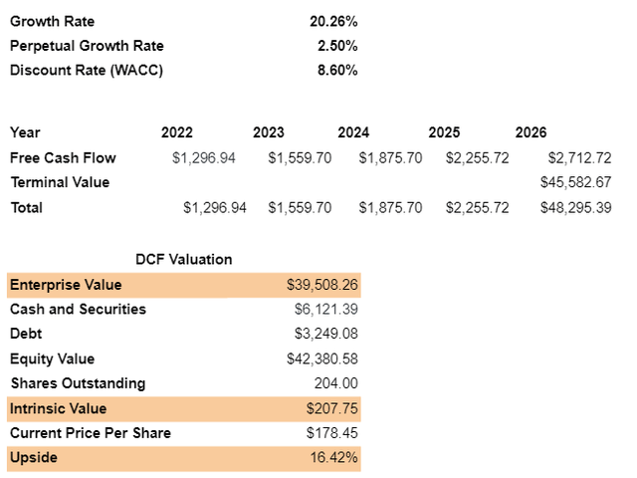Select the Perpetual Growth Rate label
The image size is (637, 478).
point(87,45)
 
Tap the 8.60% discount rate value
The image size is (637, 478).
point(336,70)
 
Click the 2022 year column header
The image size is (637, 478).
point(177,132)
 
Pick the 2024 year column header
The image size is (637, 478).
point(353,132)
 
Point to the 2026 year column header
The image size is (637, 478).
point(531,132)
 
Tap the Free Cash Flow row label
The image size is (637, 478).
point(63,157)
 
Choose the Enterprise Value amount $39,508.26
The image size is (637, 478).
point(322,285)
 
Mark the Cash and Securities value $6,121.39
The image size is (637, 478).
point(326,309)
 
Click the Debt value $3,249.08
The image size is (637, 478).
point(326,334)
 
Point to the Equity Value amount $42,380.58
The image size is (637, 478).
point(322,358)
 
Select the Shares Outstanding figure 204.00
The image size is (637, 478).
point(336,383)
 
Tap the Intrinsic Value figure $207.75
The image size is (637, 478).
point(332,408)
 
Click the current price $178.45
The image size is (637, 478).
point(332,433)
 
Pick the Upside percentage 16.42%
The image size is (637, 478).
point(336,458)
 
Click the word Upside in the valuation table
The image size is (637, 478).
point(33,458)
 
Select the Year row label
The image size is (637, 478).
point(25,132)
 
